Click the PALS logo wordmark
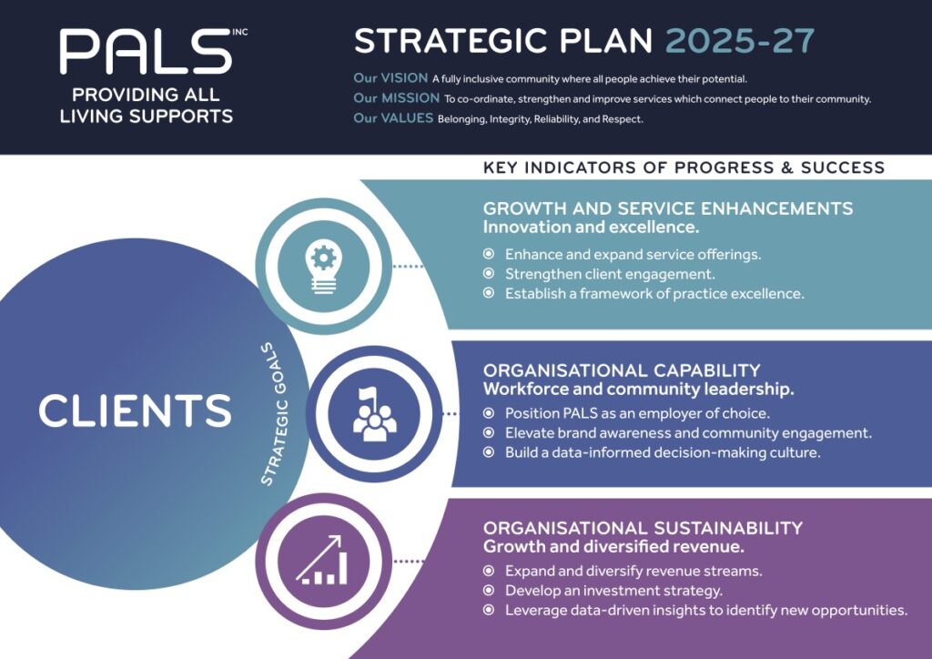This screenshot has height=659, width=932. coord(146,52)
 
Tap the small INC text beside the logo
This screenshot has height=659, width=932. coord(240,32)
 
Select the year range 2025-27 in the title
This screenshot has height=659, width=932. coord(740,42)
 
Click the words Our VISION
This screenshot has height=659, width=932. coord(390,78)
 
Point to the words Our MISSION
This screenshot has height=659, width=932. coord(397,98)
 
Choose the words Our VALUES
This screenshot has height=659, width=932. coord(393,118)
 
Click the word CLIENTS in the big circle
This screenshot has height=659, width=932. coord(135,411)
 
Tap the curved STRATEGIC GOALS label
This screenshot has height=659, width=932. coord(275,413)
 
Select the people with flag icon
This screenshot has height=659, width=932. coord(374,414)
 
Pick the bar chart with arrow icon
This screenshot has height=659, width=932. coord(321,560)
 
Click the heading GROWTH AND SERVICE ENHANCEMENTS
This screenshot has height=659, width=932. coord(668,208)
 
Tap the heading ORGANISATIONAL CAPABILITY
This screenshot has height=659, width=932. coord(622,370)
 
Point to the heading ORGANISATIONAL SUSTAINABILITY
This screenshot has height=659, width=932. coord(643,528)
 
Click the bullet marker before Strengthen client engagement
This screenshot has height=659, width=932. coord(489,273)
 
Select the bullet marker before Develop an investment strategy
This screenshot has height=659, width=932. coord(489,590)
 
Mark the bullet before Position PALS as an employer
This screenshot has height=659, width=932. coord(489,413)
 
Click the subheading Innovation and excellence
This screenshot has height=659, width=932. coord(591,227)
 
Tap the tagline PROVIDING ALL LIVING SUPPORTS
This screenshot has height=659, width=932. coord(147,106)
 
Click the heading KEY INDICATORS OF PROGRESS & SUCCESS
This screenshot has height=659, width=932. coord(684,167)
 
